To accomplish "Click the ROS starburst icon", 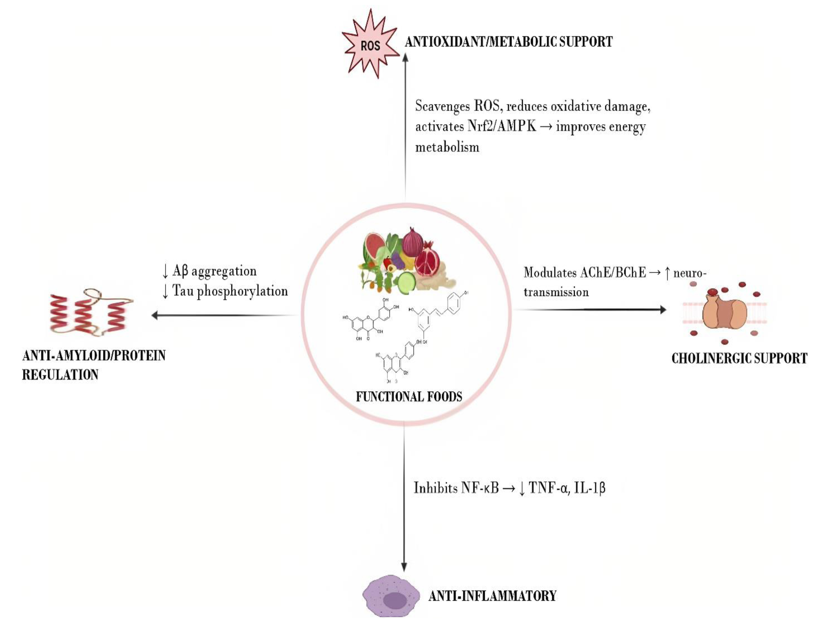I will (x=370, y=45).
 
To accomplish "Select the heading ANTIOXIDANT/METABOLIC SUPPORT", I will (x=508, y=42).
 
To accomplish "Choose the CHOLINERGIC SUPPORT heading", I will (x=739, y=358).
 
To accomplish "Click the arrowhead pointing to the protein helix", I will (x=155, y=316).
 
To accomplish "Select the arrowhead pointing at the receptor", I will (x=662, y=309).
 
